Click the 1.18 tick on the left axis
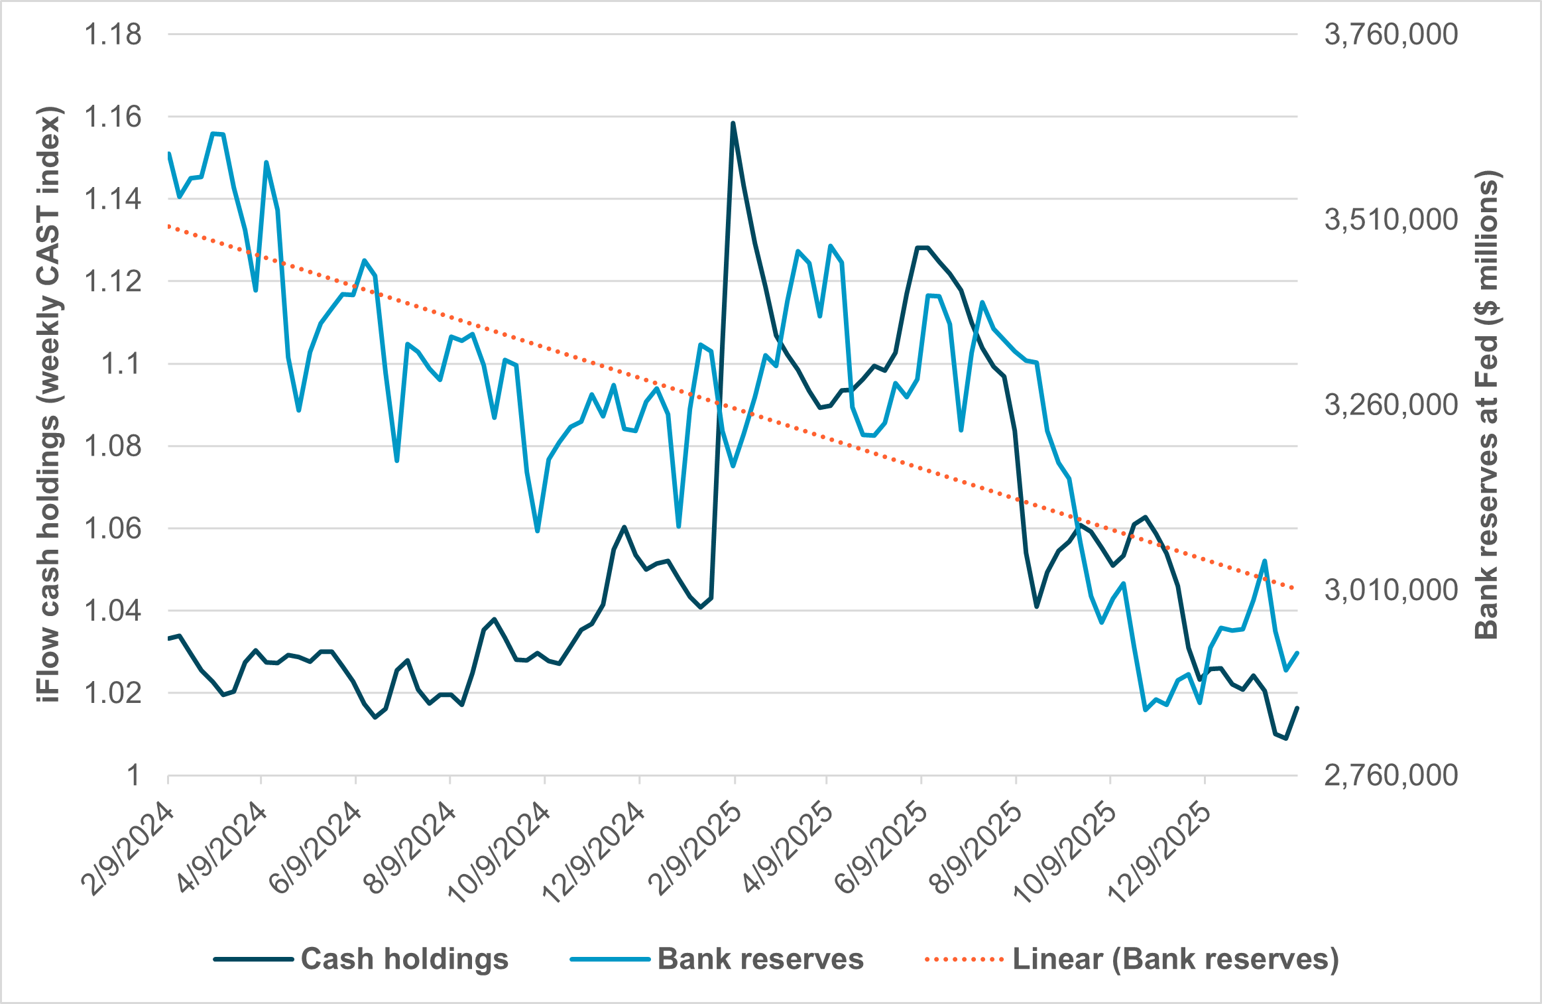point(112,34)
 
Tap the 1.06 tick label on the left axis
point(112,529)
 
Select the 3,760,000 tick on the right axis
point(1391,34)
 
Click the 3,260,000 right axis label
point(1391,405)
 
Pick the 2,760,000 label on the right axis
point(1391,775)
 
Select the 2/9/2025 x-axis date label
point(695,850)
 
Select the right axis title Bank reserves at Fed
point(1487,405)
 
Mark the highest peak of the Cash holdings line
point(733,123)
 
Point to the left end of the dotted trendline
point(169,226)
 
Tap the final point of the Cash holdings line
point(1297,708)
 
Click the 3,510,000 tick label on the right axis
point(1391,220)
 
